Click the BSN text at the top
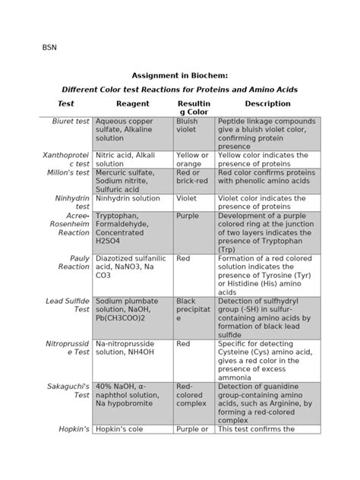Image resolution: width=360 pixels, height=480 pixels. click(x=49, y=47)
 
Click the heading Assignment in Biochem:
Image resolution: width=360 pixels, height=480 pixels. click(x=179, y=76)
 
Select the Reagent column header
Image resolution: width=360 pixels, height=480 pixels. click(x=132, y=104)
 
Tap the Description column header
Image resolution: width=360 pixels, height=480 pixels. click(x=267, y=104)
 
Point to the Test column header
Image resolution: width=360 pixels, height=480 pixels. click(x=66, y=104)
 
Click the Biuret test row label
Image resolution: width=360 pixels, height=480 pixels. click(x=71, y=122)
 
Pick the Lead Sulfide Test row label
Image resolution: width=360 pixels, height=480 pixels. click(x=68, y=306)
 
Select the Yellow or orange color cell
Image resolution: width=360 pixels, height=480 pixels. click(x=192, y=159)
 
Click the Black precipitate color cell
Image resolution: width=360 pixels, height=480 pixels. click(x=192, y=310)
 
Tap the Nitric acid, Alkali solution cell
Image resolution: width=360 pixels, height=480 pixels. click(x=125, y=159)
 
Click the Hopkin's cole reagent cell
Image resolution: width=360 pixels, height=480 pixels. click(x=125, y=429)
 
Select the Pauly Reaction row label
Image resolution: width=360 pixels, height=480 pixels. click(x=74, y=263)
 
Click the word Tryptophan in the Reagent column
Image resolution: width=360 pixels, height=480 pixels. click(x=118, y=216)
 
